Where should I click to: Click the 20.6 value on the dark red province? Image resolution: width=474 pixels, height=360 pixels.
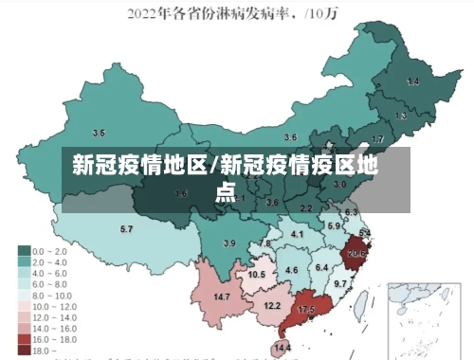tap(356, 253)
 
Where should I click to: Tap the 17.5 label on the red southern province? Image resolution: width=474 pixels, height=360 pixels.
tap(306, 310)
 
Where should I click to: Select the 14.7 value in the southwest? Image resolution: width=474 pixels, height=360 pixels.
tap(222, 297)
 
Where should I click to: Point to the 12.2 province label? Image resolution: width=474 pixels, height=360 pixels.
tap(272, 305)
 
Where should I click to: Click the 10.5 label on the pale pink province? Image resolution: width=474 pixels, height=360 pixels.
tap(256, 275)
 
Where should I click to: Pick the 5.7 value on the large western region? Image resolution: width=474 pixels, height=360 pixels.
tap(126, 229)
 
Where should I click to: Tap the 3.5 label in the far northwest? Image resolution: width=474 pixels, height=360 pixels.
tap(99, 133)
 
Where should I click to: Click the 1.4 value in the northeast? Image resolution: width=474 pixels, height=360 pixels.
tap(412, 82)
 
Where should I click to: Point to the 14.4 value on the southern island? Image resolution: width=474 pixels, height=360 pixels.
tap(283, 349)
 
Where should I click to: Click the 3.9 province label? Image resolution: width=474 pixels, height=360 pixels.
tap(228, 243)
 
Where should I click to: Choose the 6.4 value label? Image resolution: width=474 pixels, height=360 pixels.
tap(321, 268)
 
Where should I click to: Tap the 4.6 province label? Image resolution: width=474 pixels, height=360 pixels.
tap(291, 271)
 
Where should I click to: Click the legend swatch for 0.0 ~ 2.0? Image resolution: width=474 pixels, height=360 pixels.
tap(24, 250)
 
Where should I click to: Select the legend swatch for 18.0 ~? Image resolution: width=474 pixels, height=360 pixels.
tap(24, 350)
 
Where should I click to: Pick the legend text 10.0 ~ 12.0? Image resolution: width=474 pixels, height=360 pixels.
tap(54, 306)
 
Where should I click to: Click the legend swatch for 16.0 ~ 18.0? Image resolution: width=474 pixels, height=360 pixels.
tap(24, 338)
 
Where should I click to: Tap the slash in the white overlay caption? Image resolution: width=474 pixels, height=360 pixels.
tap(215, 168)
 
